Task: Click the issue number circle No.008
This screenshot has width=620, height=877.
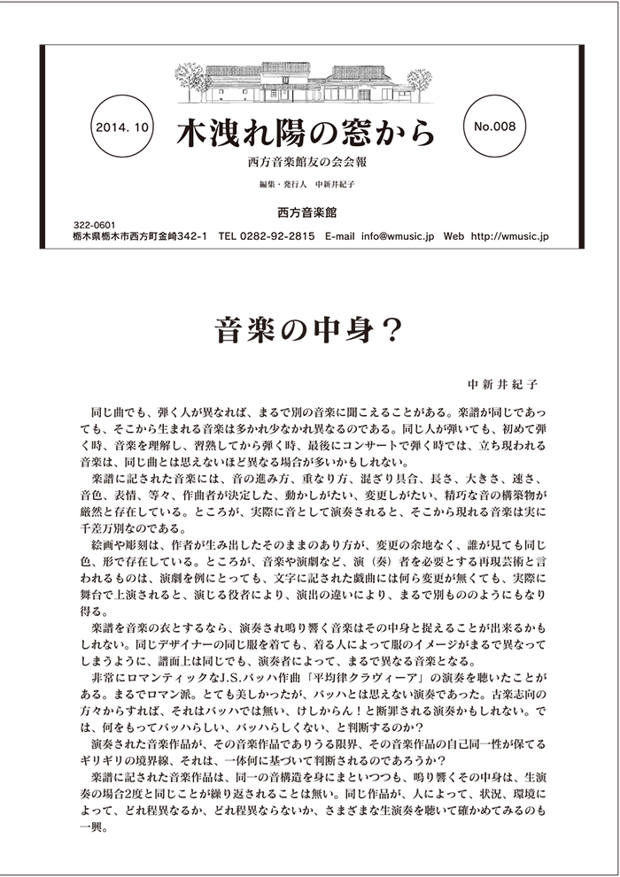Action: pos(495,127)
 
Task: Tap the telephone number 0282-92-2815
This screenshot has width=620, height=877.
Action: pos(280,237)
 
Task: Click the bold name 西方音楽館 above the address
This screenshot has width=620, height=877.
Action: pos(306,213)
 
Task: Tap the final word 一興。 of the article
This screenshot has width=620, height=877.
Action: pos(91,836)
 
